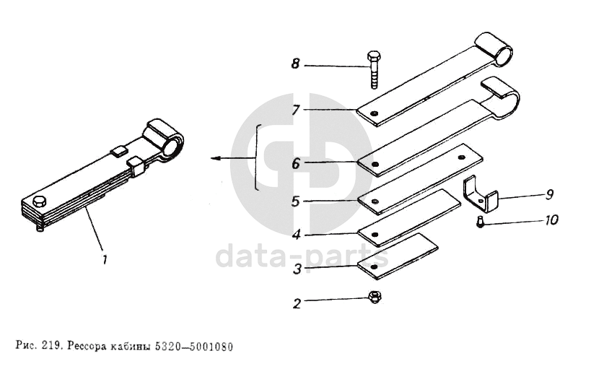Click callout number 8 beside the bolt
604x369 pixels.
295,64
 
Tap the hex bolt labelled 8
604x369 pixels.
374,69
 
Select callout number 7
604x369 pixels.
295,110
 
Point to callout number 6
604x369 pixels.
295,164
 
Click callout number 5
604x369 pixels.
295,201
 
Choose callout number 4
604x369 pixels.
296,235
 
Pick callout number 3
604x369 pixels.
297,269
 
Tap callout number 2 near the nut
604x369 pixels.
296,303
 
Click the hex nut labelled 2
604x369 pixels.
374,297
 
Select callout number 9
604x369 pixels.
550,195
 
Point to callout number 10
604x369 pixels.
551,220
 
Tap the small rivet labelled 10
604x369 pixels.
480,222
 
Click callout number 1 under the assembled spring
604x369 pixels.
105,259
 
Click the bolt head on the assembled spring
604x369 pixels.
40,201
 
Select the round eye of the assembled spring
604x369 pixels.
173,145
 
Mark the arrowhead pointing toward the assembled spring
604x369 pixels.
215,157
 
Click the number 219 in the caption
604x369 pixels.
51,345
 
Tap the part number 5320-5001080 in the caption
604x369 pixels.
194,347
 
